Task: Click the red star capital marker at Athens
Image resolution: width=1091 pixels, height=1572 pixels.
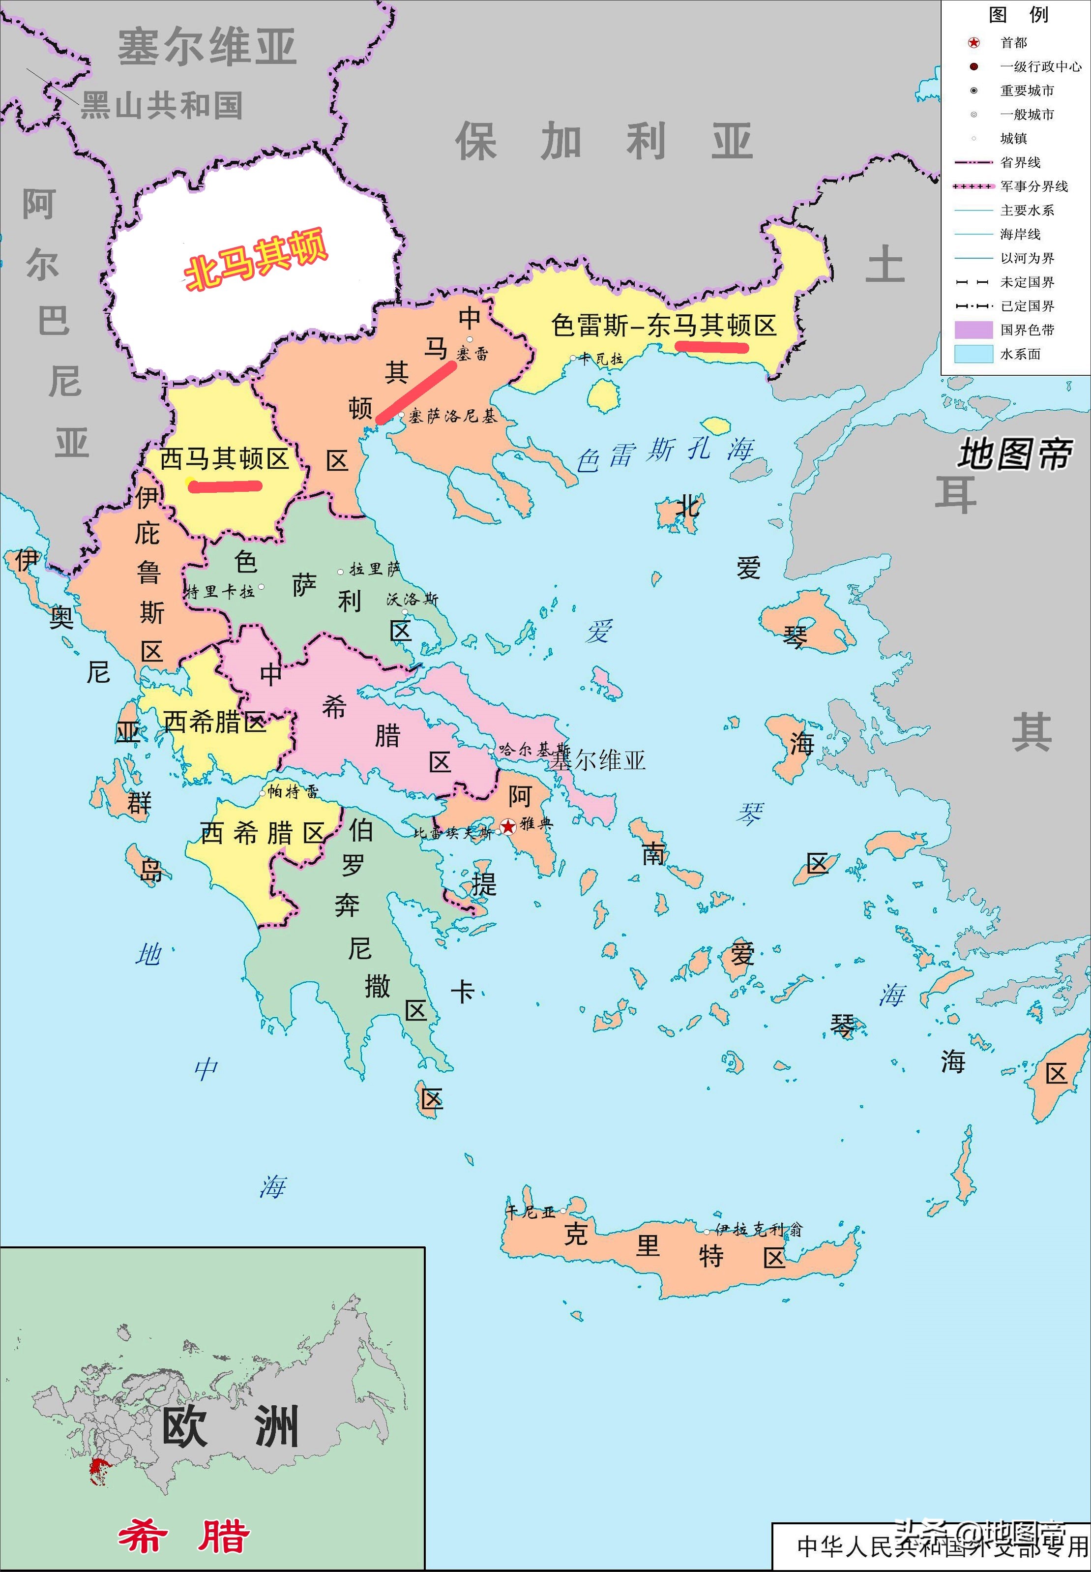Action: click(508, 827)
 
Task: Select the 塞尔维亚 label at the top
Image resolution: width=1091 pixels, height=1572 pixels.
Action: click(207, 47)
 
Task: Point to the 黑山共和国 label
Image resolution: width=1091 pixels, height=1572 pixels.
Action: click(162, 105)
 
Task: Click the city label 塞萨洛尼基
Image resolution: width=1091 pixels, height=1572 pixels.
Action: click(452, 416)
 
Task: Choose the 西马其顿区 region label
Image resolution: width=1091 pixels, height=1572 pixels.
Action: click(224, 459)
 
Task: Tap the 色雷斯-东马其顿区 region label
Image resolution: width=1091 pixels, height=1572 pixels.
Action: click(664, 326)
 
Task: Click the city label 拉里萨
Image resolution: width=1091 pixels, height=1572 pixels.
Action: click(375, 569)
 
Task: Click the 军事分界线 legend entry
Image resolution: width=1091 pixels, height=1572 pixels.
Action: click(1033, 186)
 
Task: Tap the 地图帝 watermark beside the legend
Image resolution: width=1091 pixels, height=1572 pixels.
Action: click(1014, 454)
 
